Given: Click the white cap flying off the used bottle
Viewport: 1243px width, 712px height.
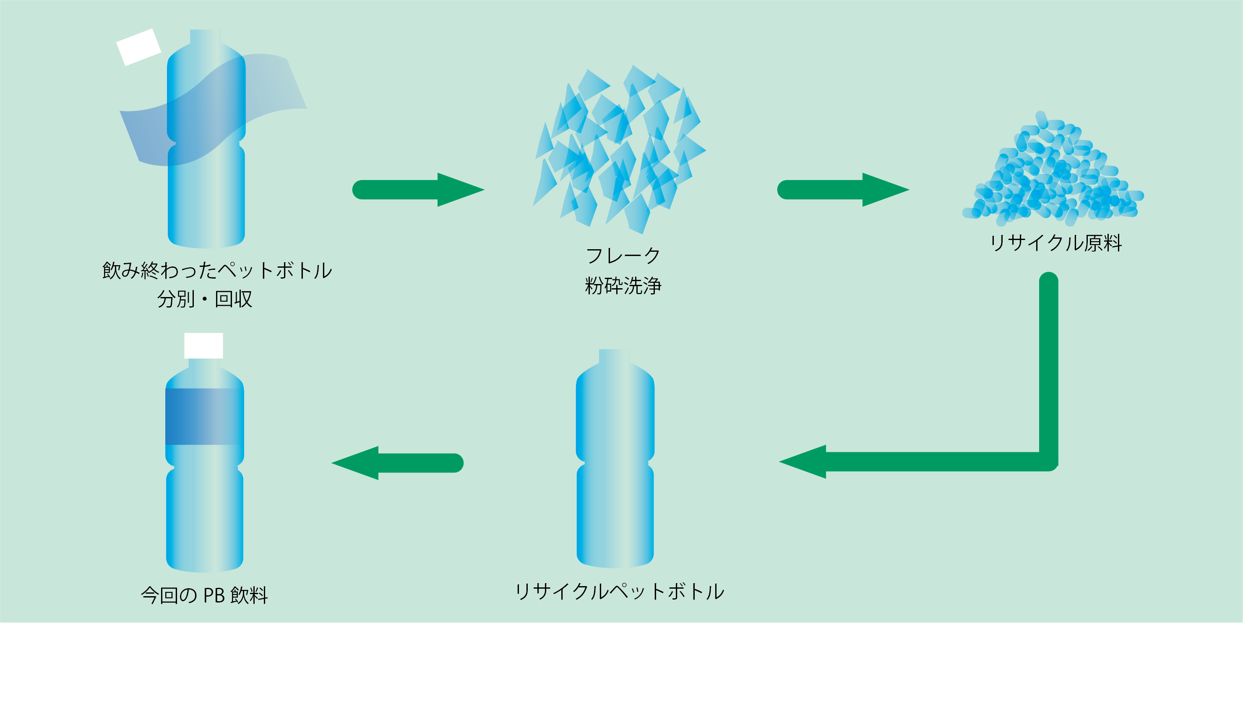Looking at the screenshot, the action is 139,47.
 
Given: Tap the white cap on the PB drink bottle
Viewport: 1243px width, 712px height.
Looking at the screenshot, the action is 203,345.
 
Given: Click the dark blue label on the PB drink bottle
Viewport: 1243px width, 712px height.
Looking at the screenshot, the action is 204,416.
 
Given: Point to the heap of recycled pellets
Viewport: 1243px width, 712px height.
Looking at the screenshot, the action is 1053,174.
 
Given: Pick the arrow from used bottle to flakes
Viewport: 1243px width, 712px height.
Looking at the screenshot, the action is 418,190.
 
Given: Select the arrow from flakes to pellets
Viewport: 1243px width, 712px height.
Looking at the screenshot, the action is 843,190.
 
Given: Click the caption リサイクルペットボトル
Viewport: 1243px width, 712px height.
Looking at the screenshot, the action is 619,592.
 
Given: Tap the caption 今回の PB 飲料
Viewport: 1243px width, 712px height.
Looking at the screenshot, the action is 204,595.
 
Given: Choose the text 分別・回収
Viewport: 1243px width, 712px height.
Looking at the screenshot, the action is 204,299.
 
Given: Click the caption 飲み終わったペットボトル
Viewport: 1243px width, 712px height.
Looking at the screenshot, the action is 217,271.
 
